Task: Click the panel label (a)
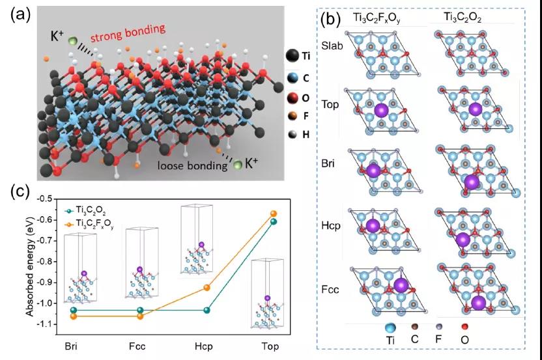click(x=20, y=15)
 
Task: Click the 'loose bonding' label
click(x=192, y=165)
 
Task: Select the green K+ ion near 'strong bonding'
click(x=72, y=41)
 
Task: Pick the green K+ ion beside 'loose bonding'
click(x=238, y=165)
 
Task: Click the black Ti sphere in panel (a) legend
click(x=292, y=55)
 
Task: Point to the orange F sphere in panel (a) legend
click(x=292, y=116)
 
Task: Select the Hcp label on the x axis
click(x=204, y=346)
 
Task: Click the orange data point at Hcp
click(x=207, y=288)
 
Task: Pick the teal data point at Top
click(x=274, y=221)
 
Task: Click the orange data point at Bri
click(x=73, y=316)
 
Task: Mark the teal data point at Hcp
click(x=207, y=311)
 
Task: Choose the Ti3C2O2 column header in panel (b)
click(x=463, y=18)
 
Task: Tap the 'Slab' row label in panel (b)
click(x=332, y=46)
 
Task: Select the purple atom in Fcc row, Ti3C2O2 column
click(x=479, y=302)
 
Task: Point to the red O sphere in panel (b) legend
click(x=465, y=327)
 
